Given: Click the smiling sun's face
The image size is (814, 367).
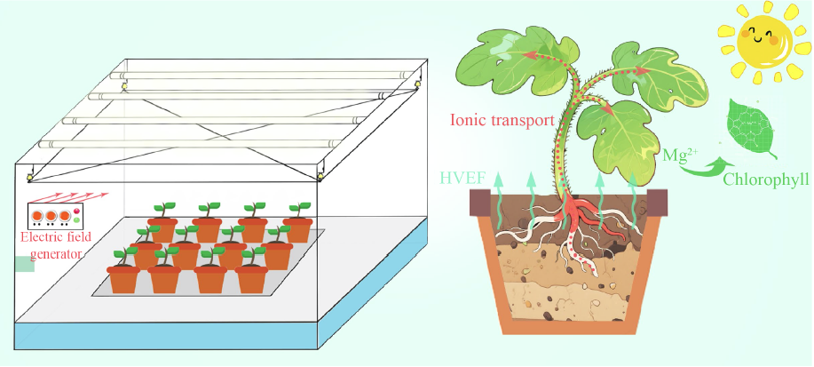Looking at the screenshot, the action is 760,40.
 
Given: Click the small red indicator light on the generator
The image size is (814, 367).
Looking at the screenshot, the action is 76,211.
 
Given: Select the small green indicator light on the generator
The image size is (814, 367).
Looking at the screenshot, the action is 76,220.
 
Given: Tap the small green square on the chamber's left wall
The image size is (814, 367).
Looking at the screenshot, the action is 24,264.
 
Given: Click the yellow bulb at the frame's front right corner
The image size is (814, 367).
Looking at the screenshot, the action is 320,177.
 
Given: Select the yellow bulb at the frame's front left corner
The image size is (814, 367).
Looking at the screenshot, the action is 29,177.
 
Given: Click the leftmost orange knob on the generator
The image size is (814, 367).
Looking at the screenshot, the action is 37,215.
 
